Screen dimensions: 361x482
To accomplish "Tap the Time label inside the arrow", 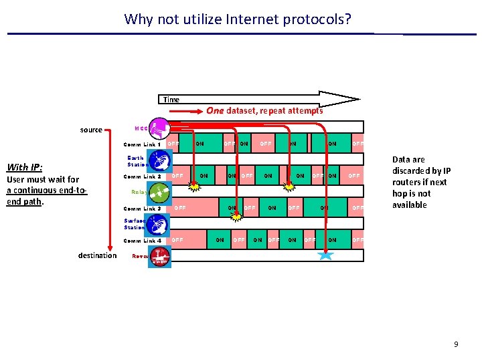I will (171, 100).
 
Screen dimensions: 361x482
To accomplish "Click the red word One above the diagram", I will (215, 110).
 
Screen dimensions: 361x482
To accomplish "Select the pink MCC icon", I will (160, 128).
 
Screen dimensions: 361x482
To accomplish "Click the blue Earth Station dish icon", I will (160, 160).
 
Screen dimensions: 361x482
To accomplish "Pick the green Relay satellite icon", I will (160, 193).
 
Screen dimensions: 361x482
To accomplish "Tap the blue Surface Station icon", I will (160, 224).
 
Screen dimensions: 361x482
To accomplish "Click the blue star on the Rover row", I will (325, 255).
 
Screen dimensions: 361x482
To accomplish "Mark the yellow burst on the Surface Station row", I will (236, 217).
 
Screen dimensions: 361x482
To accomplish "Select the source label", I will (91, 130).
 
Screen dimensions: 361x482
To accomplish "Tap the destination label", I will (97, 255).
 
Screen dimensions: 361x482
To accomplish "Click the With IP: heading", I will (24, 167).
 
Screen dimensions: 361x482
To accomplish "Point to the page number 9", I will (456, 344).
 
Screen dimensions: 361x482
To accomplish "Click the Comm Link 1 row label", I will (142, 144).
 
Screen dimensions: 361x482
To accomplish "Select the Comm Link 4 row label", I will (142, 241).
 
